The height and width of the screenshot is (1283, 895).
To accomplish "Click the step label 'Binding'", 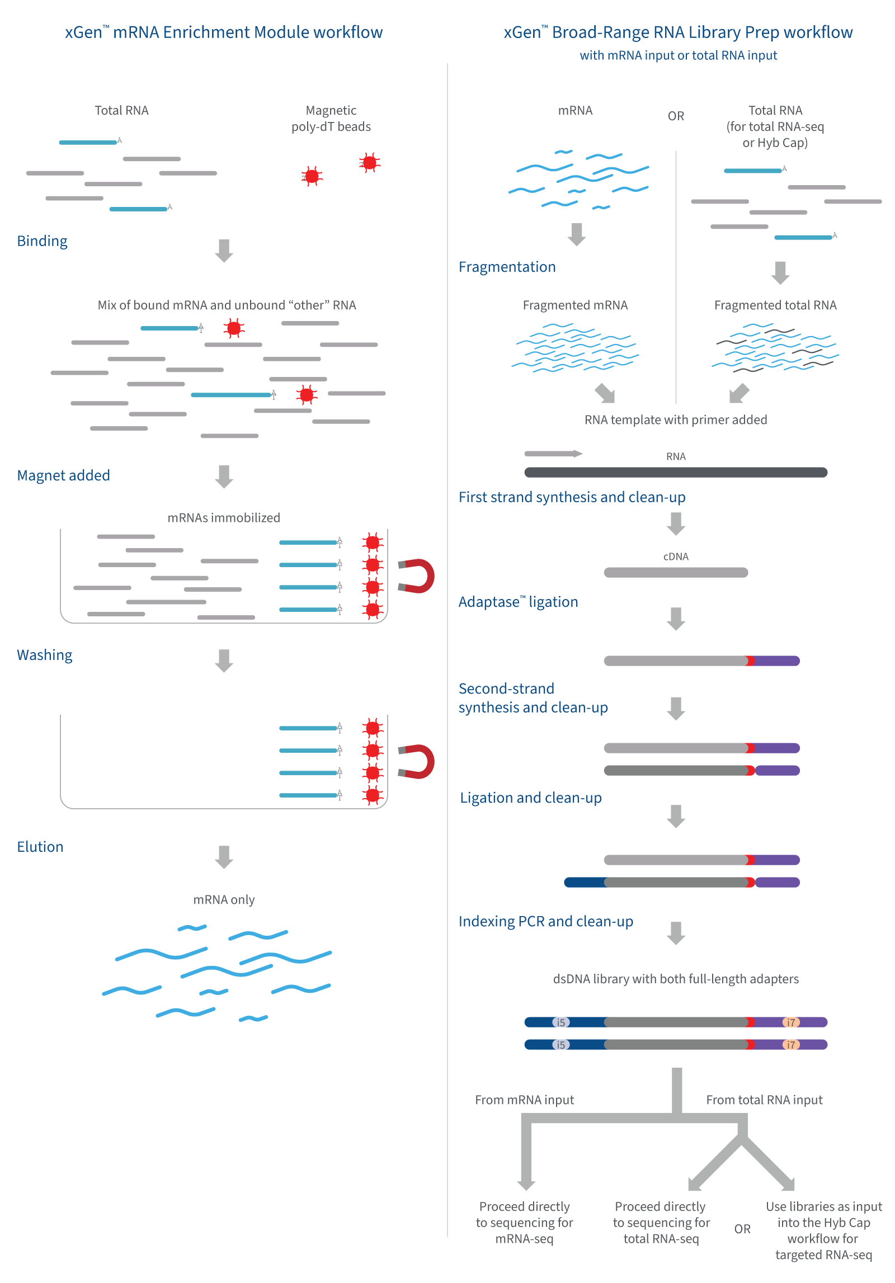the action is pos(42,241).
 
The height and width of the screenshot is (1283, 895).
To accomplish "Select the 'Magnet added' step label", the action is pos(63,475).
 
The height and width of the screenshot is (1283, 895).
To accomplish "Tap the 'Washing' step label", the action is pos(45,655).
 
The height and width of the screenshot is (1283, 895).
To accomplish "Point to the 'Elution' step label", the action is pos(40,847).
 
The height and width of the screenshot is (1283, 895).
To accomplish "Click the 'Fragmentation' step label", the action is pos(507,267).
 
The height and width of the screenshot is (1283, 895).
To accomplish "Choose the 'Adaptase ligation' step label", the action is pos(518,602).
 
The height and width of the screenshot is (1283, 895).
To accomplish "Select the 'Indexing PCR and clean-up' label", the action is pos(545,921).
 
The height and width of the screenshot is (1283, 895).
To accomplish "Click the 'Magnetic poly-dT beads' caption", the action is pos(331,119).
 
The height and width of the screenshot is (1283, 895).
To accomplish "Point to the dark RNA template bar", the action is pos(676,473).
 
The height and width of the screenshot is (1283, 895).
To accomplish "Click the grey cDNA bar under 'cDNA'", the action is pos(676,573).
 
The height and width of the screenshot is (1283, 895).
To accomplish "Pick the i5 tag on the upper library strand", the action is pos(561,1022).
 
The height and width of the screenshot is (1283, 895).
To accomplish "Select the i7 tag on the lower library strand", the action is pos(791,1045).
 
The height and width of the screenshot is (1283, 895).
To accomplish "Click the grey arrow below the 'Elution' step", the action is pos(224,857).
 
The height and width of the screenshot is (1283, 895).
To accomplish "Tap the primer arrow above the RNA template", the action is pos(553,454).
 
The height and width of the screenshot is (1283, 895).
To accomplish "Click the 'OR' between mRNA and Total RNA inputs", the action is pos(676,116).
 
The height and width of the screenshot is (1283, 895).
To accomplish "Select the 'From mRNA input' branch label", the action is pos(524,1100).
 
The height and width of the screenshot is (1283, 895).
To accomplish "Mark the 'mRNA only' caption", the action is pos(224,900).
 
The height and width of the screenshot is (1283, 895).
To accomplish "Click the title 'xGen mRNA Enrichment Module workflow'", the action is pos(224,32).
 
